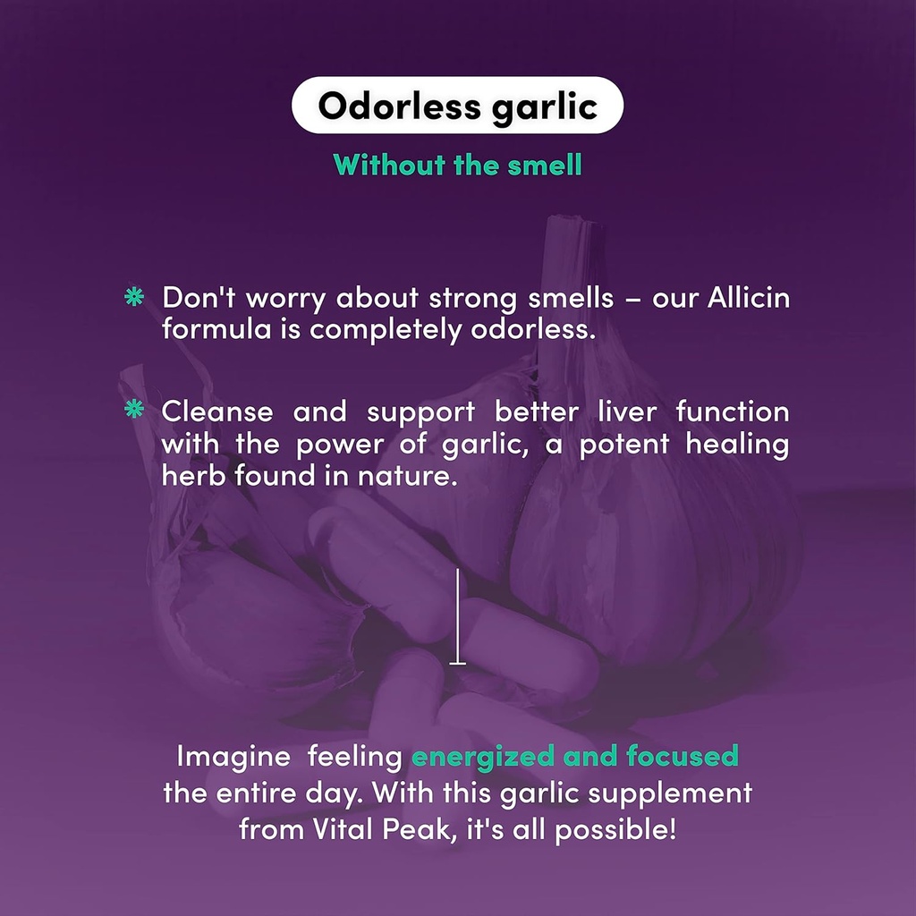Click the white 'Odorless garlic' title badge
point(457,106)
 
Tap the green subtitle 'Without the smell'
point(457,165)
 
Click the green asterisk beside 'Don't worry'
point(133,298)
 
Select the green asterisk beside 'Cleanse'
point(133,410)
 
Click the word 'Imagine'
point(233,757)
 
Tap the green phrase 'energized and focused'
point(574,757)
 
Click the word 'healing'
point(738,444)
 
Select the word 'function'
point(733,411)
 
